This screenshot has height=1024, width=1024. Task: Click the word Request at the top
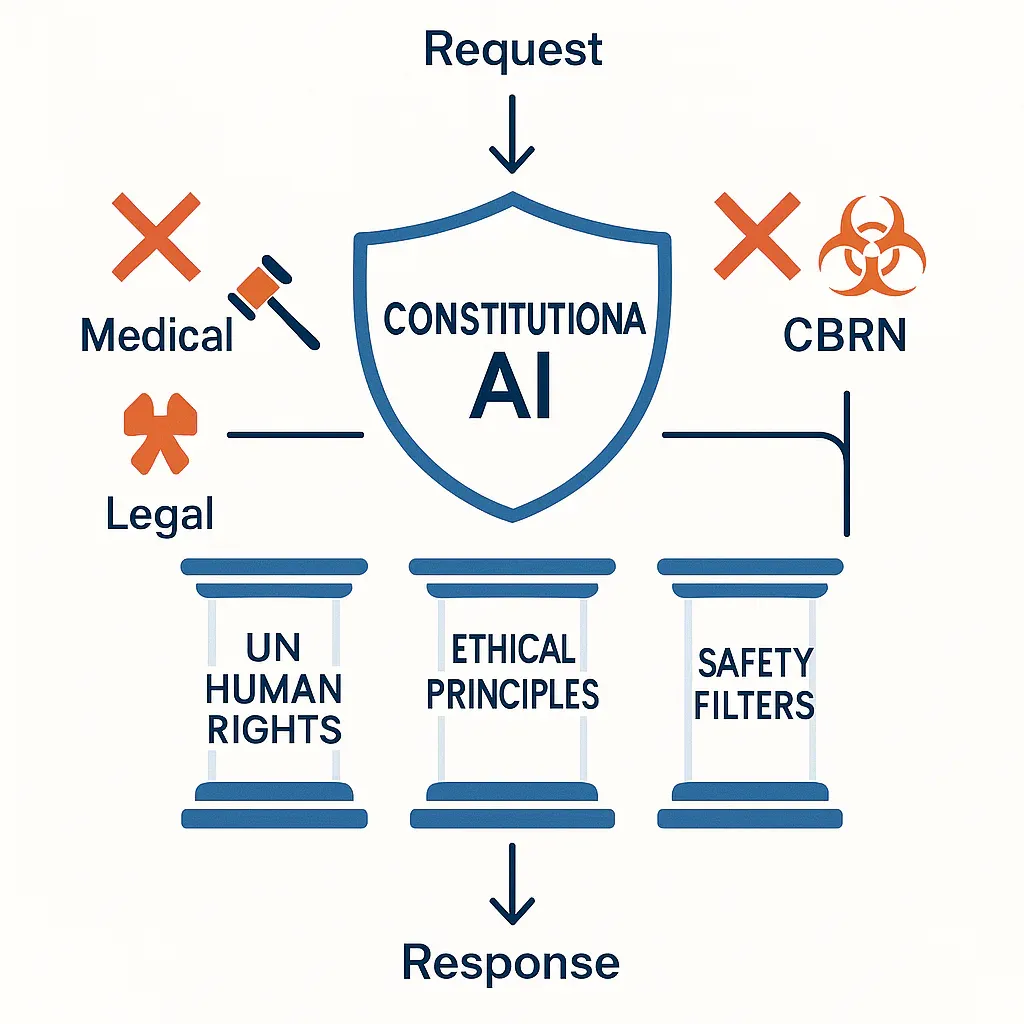[x=513, y=50]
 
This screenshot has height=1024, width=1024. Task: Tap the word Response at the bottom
[x=511, y=961]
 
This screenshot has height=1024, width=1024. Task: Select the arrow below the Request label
[x=512, y=135]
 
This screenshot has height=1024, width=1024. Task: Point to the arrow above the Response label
[x=512, y=884]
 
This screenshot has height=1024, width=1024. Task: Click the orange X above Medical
[x=156, y=236]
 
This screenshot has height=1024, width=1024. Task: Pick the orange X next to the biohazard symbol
[x=758, y=236]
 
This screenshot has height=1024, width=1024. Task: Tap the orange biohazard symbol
[x=872, y=246]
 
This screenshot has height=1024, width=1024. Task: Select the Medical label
[x=157, y=335]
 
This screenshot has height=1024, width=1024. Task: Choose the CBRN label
[x=844, y=335]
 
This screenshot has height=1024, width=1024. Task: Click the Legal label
[x=160, y=514]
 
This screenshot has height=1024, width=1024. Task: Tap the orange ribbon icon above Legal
[x=160, y=433]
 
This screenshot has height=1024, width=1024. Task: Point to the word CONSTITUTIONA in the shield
[x=514, y=319]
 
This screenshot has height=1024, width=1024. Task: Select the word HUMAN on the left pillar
[x=274, y=688]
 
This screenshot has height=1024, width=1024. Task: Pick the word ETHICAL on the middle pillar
[x=513, y=649]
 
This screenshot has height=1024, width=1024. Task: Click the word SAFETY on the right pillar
[x=756, y=664]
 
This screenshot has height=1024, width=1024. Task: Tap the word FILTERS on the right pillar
[x=754, y=705]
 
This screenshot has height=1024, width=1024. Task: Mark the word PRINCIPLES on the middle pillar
[x=513, y=694]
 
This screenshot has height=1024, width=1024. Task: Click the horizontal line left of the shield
[x=295, y=434]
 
